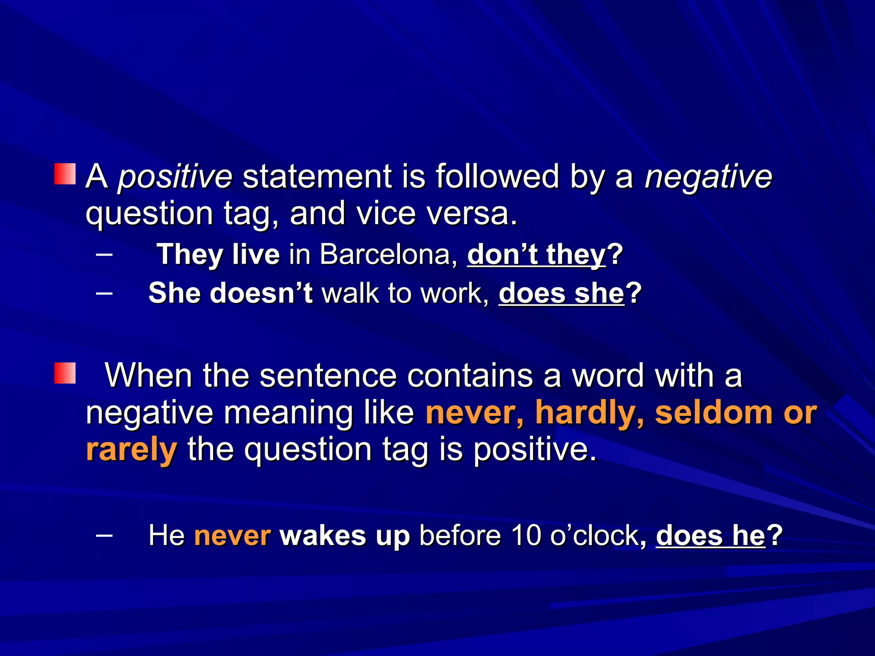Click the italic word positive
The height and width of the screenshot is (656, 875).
pyautogui.click(x=175, y=177)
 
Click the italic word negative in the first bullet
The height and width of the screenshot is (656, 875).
pyautogui.click(x=708, y=177)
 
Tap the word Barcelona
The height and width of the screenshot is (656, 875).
pyautogui.click(x=385, y=255)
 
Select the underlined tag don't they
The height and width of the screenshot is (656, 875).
pyautogui.click(x=536, y=255)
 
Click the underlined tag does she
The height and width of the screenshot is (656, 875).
pyautogui.click(x=561, y=294)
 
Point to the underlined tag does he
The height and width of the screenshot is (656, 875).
pyautogui.click(x=710, y=536)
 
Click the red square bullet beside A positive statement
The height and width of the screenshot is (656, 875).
pyautogui.click(x=65, y=174)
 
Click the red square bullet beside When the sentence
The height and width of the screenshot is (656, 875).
pyautogui.click(x=65, y=373)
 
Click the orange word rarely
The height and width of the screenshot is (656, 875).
pyautogui.click(x=131, y=450)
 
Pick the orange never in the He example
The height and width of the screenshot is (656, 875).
pyautogui.click(x=232, y=536)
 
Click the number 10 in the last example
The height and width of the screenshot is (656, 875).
pyautogui.click(x=527, y=536)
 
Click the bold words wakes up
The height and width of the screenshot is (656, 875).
pyautogui.click(x=344, y=536)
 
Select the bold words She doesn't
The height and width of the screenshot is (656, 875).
pyautogui.click(x=230, y=294)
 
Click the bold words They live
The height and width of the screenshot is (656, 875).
pyautogui.click(x=218, y=255)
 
